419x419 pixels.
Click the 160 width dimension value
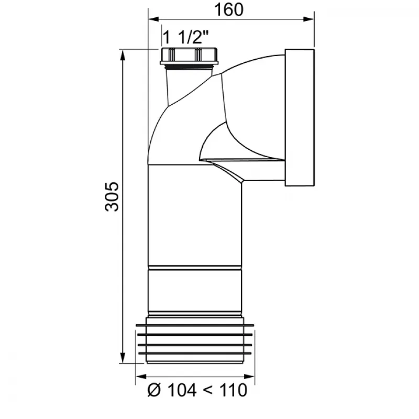pos(229,9)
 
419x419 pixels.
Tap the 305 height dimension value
pos(112,197)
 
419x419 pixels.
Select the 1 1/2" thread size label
pos(185,37)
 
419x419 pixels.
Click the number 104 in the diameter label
pos(182,390)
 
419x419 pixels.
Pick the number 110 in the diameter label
pos(233,390)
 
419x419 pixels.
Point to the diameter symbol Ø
pos(154,390)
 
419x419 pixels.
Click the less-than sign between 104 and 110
pos(208,391)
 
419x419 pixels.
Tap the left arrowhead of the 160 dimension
pos(154,19)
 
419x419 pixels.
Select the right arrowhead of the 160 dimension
pos(308,19)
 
